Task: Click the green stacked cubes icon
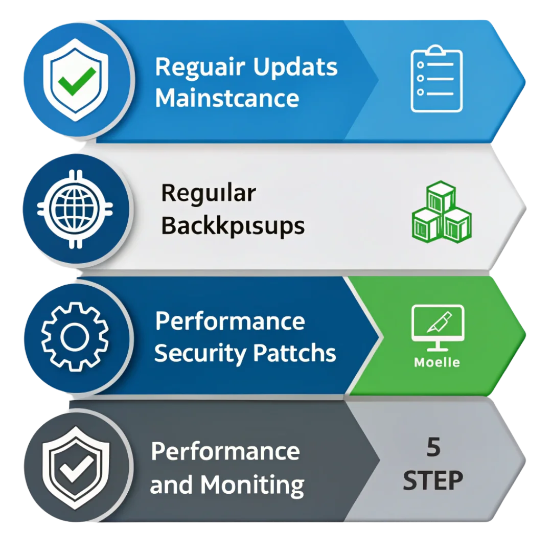(441, 210)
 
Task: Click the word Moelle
(437, 363)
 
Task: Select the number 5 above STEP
(433, 448)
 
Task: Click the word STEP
(433, 481)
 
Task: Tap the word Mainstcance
(227, 98)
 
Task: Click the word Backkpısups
(233, 225)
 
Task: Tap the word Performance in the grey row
(225, 451)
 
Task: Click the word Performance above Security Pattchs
(229, 321)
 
